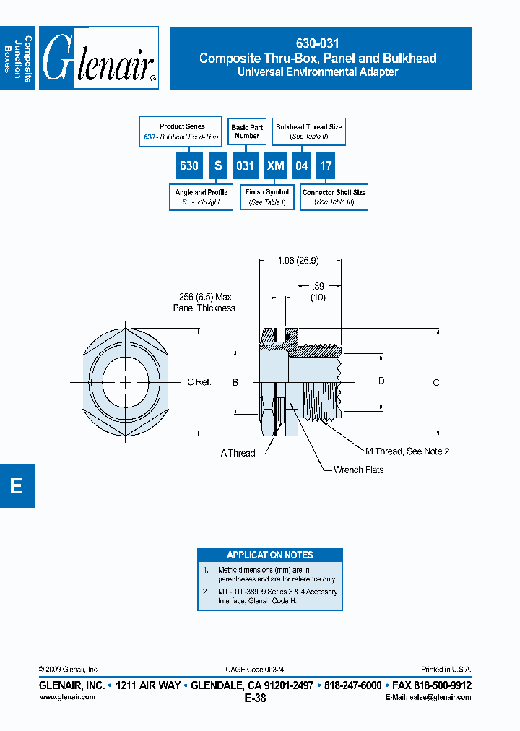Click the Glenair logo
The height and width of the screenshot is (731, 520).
[99, 59]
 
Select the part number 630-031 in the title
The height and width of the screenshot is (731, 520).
[318, 43]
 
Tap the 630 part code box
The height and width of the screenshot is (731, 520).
[188, 165]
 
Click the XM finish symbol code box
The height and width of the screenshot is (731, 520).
[275, 165]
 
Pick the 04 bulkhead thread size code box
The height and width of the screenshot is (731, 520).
[302, 165]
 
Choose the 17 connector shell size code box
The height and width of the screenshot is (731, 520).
[326, 165]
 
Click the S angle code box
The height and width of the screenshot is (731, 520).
[217, 165]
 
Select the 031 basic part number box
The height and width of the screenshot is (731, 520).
[245, 165]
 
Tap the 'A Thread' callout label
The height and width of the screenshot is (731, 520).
[238, 453]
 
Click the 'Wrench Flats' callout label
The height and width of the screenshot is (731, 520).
[358, 470]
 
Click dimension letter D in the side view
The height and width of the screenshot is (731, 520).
[381, 381]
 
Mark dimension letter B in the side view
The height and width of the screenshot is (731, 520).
[235, 381]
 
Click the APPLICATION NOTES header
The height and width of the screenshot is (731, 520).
[269, 555]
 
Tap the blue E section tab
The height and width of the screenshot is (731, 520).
[17, 486]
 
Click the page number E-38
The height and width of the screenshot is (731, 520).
[255, 698]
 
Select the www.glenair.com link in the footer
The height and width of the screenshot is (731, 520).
[66, 697]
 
